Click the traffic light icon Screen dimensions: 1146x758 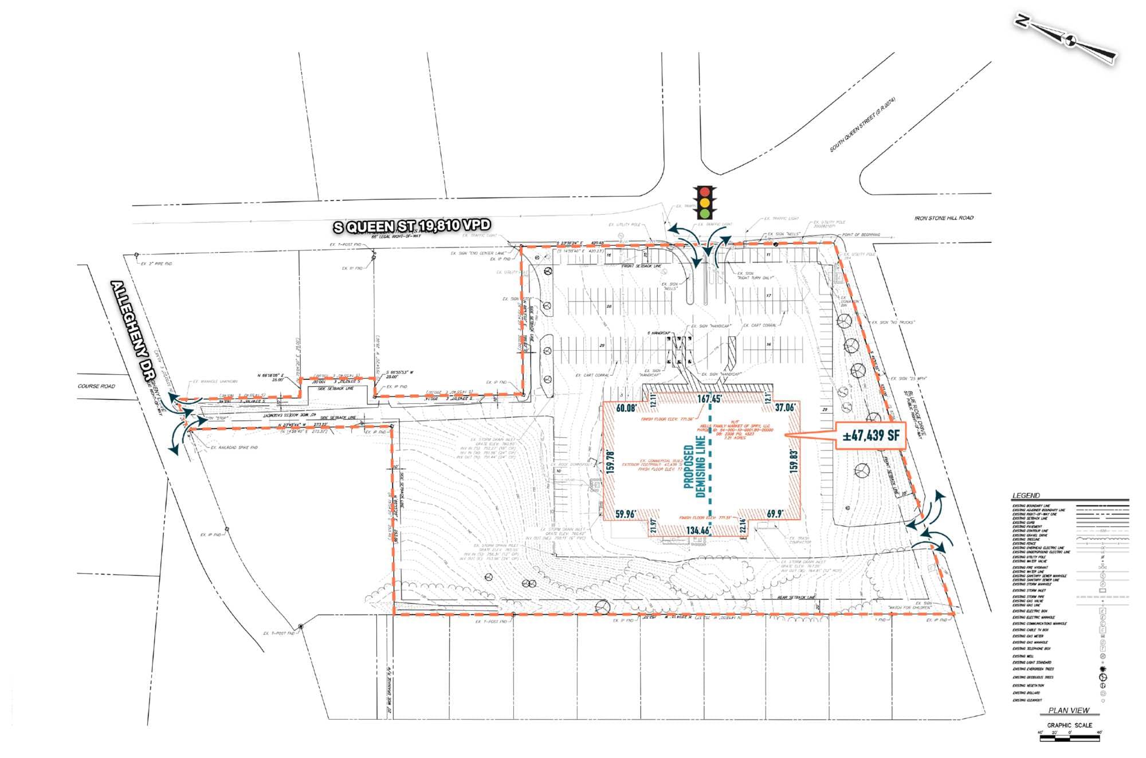coord(705,202)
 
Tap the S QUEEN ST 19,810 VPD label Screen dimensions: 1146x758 coord(412,226)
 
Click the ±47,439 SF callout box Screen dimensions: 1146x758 coord(870,436)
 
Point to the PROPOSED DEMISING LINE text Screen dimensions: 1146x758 coord(694,466)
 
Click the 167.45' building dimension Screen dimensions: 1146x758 coord(709,399)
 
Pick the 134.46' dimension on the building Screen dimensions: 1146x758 coord(697,531)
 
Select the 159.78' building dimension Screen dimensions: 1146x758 coord(611,462)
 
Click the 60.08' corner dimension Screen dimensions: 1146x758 coord(626,409)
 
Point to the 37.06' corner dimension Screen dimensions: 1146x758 coord(784,407)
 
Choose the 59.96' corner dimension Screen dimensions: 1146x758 coord(625,514)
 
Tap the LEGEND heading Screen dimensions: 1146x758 coord(1026,496)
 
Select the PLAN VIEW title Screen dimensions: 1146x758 coord(1069,710)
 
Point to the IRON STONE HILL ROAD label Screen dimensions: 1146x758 coord(944,218)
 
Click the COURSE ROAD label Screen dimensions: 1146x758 coord(96,386)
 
